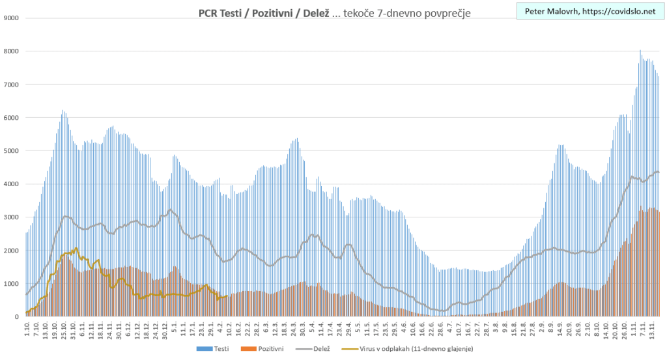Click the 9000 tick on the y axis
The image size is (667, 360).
(x=10, y=18)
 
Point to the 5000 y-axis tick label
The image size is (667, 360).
(x=10, y=151)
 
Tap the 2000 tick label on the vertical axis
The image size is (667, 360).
(x=10, y=251)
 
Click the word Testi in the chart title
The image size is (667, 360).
(x=225, y=13)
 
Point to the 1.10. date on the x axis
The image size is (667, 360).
(x=27, y=329)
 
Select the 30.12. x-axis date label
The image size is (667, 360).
(x=164, y=331)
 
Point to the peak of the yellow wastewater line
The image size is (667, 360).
(x=76, y=248)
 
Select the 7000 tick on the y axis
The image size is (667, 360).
(x=10, y=85)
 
